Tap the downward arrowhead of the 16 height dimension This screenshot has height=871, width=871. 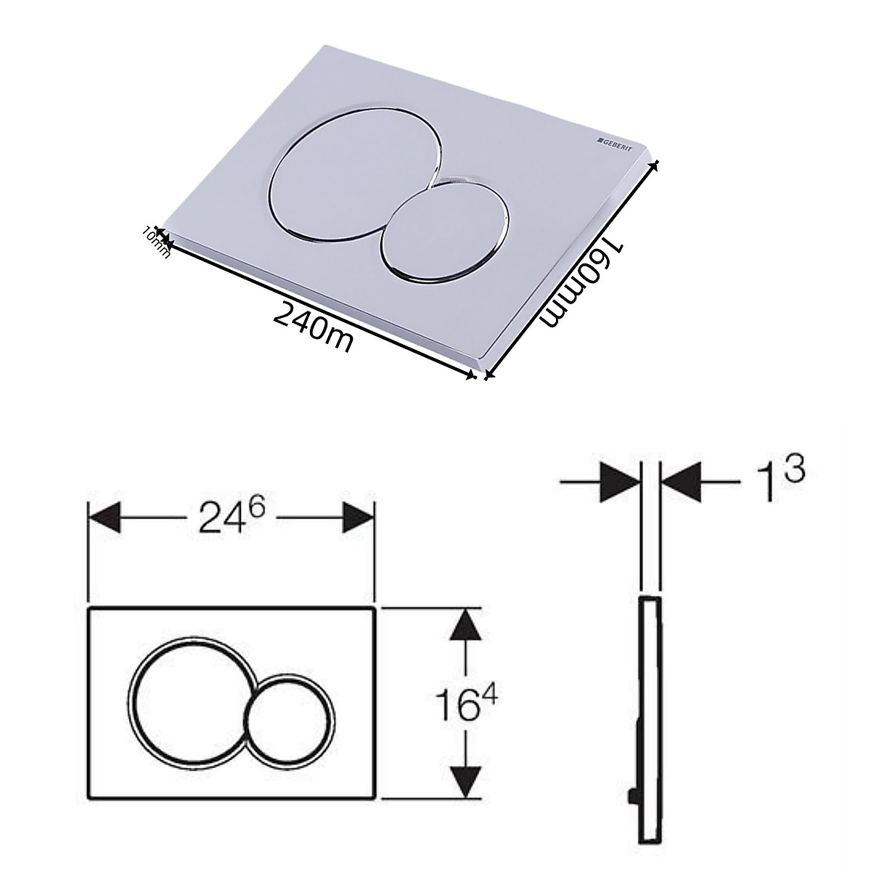465,778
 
